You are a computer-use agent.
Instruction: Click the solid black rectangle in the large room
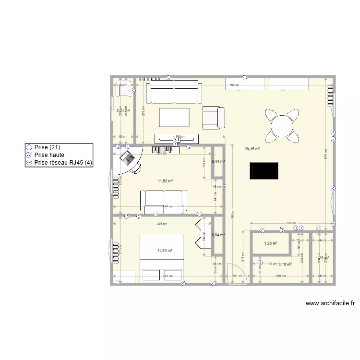[x=264, y=171]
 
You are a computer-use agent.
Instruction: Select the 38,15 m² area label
[x=252, y=149]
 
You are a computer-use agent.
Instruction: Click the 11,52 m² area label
[x=165, y=181]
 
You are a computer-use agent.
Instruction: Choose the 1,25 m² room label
[x=271, y=244]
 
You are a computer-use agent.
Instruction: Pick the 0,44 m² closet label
[x=218, y=161]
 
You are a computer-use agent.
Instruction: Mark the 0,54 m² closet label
[x=218, y=235]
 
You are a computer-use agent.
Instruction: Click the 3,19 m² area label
[x=285, y=264]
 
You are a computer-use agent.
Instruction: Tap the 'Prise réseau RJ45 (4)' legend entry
[x=63, y=163]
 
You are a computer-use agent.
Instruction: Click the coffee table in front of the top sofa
[x=175, y=117]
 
